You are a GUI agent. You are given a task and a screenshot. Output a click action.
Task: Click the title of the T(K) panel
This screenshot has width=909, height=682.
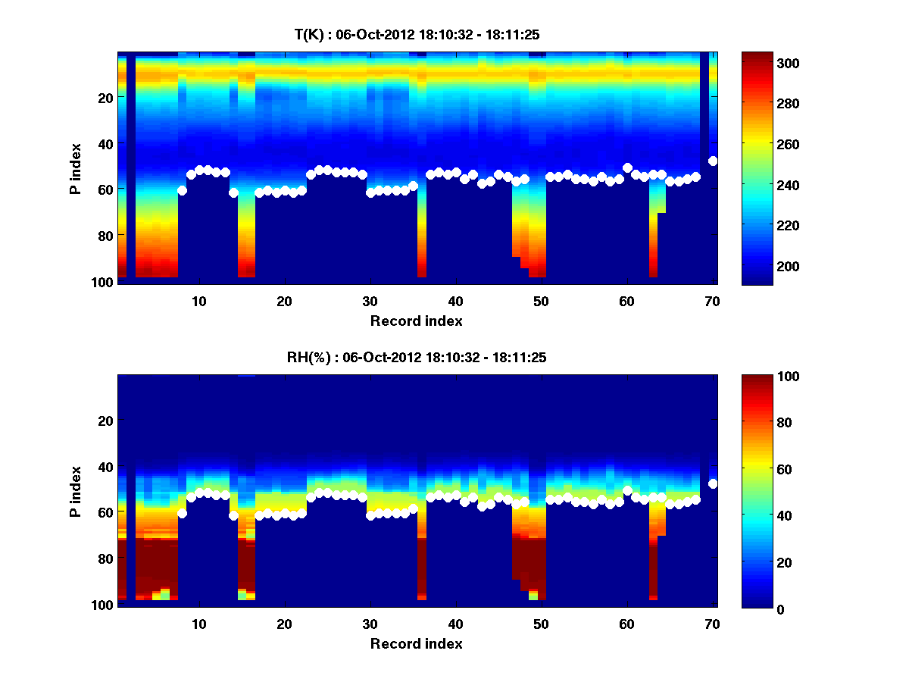coord(417,34)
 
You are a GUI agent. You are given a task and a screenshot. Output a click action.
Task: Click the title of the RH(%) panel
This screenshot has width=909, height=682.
coord(417,358)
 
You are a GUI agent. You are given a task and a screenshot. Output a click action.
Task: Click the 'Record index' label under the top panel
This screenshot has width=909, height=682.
coord(417,321)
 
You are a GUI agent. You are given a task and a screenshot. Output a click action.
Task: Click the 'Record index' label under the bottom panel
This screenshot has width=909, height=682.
coord(417,644)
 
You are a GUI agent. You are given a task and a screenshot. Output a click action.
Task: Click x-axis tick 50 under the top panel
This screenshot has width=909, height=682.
coord(541,301)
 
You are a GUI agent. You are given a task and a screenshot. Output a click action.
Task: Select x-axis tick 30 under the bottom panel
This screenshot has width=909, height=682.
coord(370,624)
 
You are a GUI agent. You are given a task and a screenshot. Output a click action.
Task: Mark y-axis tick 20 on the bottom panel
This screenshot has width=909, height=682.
coord(106,421)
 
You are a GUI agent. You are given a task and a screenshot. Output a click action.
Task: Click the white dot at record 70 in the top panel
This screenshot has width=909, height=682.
coord(713,161)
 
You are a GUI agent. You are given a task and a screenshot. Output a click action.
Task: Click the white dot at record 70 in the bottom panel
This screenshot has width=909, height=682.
coord(713,483)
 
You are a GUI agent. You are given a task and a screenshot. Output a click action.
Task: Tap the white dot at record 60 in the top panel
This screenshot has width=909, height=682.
coord(627,167)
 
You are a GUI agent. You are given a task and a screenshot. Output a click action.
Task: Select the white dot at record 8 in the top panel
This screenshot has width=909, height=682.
coord(182,190)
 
